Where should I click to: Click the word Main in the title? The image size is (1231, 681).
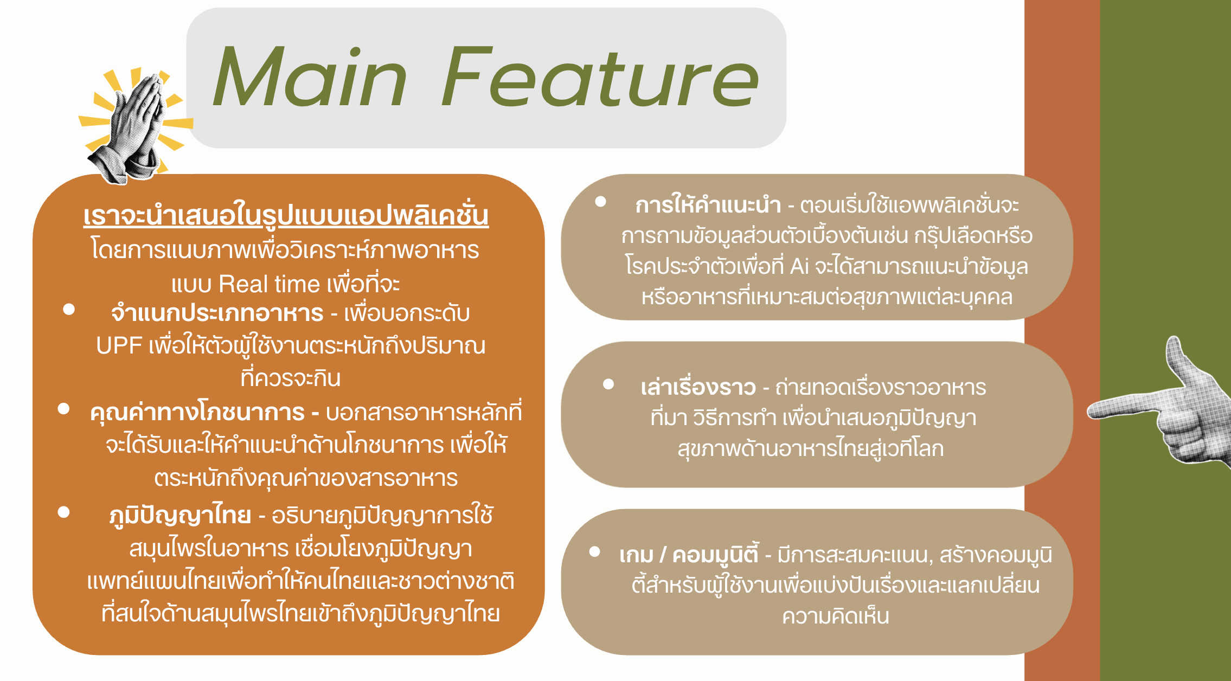coord(310,78)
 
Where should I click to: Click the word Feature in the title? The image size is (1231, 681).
coord(600,77)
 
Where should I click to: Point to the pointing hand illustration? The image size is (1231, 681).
coord(1161,404)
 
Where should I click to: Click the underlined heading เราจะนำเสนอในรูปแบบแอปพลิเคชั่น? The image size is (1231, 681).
coord(286,216)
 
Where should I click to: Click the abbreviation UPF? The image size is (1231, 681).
coord(119,346)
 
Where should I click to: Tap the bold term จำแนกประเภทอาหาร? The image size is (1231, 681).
coord(217,313)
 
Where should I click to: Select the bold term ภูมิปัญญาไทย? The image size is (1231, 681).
coord(180,515)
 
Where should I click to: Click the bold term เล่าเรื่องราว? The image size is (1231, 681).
coord(698,387)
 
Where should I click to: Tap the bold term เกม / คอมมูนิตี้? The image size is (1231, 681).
coord(689,555)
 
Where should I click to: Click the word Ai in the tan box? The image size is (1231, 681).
coord(799,266)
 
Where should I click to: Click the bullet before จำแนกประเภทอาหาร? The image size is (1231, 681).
coord(69,309)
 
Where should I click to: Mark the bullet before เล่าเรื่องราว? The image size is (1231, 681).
coord(608,384)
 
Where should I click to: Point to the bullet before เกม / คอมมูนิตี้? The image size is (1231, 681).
coord(595,552)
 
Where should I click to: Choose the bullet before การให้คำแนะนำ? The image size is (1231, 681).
coord(601,202)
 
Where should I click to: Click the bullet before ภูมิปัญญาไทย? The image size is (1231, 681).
coord(64,512)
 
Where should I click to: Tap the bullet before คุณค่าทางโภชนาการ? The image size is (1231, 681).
coord(64,409)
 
